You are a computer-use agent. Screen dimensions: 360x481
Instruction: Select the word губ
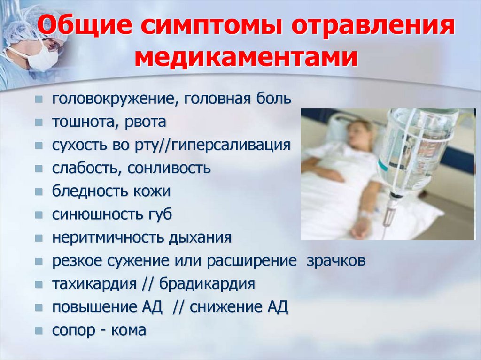point(158,215)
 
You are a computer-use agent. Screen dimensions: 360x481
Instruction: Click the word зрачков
point(336,261)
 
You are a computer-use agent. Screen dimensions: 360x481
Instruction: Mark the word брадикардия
point(207,284)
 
